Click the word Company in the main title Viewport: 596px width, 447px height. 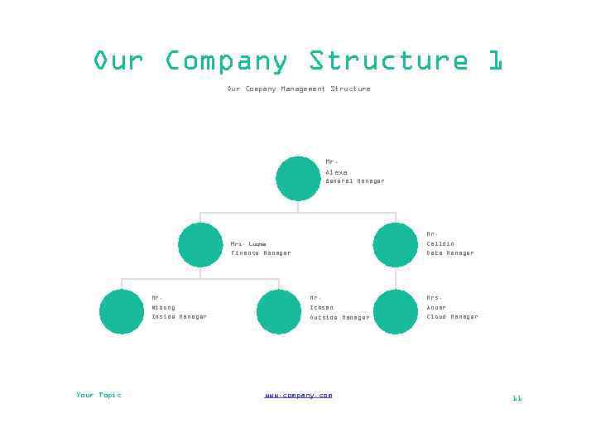pos(226,61)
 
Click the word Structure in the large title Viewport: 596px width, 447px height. pos(388,61)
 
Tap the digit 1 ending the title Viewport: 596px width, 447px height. pos(495,61)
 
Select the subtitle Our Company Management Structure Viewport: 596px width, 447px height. pos(299,89)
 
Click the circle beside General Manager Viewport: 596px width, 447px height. pos(298,179)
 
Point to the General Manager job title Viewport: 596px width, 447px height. pos(354,180)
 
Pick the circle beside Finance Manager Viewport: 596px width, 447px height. pos(200,245)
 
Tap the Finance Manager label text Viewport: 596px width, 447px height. pos(261,253)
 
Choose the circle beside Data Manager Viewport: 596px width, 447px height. pos(396,245)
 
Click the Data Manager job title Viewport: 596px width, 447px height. pos(450,253)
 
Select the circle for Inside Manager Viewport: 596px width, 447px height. pos(122,311)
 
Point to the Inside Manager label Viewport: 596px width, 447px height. pos(179,317)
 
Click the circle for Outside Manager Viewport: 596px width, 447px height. pos(279,311)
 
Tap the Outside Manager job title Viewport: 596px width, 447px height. pos(339,317)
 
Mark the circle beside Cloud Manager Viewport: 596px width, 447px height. pos(396,311)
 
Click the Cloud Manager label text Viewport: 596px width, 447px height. pos(452,317)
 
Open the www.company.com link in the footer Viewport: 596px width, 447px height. pos(298,395)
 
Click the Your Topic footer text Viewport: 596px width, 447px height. pos(99,395)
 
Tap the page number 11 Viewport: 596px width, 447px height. pos(517,398)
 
